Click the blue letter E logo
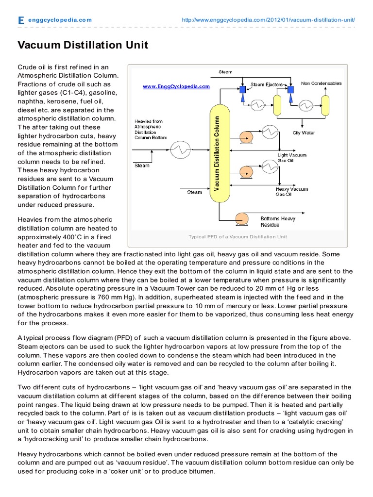(20, 20)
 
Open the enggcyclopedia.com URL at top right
(268, 20)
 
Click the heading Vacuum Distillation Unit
(83, 45)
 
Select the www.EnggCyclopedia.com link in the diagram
(176, 86)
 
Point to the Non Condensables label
(322, 83)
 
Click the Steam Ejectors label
(266, 84)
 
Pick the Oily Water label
(304, 133)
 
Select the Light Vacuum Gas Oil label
(292, 157)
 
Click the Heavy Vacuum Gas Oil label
(291, 192)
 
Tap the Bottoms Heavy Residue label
(277, 222)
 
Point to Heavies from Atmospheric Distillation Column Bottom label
(150, 129)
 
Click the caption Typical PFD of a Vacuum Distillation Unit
(237, 237)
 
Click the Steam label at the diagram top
(225, 72)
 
